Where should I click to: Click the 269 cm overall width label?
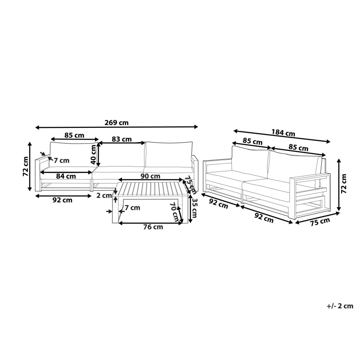(117, 122)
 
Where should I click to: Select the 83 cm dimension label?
(121, 139)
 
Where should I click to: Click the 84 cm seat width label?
(66, 176)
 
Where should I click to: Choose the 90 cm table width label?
(150, 176)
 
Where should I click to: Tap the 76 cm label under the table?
(153, 227)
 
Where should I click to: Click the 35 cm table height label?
(194, 208)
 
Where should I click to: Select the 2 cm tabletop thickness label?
(104, 196)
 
